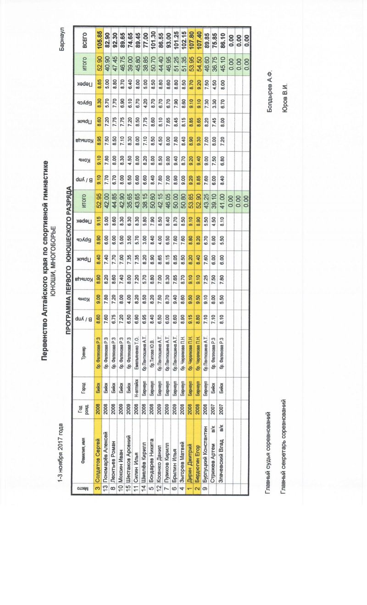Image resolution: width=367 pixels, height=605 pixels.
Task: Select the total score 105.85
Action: point(98,35)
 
